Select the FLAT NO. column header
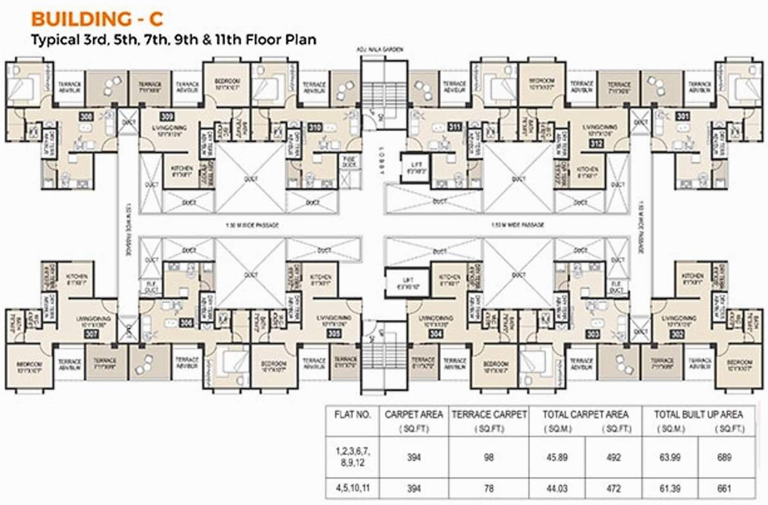point(352,415)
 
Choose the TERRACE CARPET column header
point(488,415)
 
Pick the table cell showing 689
point(724,458)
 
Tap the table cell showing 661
point(724,489)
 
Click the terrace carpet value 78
point(488,489)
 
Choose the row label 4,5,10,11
point(352,489)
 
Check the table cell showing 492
point(613,458)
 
